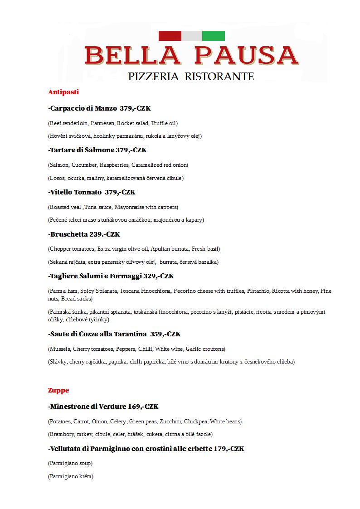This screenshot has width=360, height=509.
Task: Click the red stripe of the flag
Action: tap(170, 36)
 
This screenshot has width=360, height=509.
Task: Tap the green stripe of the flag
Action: tap(213, 36)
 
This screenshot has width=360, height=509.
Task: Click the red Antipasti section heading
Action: tap(63, 92)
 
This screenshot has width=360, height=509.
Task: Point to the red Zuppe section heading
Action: tap(58, 390)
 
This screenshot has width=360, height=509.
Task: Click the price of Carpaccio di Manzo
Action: tap(135, 109)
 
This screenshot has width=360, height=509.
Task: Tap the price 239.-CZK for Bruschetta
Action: tap(104, 234)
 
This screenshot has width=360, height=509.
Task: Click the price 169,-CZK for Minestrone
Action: tap(143, 407)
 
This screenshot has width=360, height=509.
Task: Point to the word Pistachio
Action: tap(258, 291)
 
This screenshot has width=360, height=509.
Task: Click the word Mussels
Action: tap(59, 349)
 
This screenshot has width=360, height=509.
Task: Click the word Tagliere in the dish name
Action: tap(65, 276)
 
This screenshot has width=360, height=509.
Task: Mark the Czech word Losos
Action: tap(57, 178)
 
